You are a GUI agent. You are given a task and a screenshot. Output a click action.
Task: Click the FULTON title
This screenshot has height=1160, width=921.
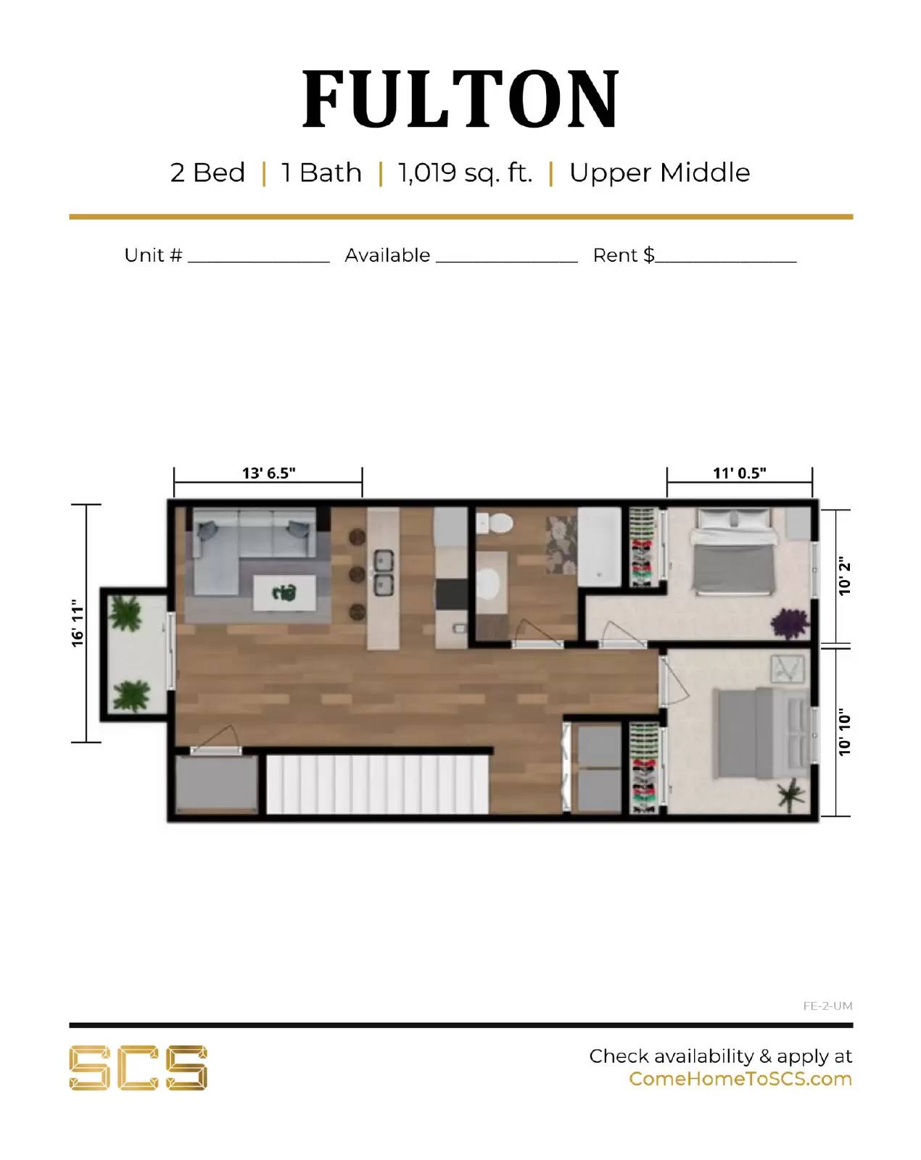click(x=460, y=99)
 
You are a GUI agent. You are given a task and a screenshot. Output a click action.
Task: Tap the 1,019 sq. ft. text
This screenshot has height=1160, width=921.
click(x=465, y=173)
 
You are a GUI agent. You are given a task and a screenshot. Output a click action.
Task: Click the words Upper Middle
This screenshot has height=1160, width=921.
click(x=659, y=173)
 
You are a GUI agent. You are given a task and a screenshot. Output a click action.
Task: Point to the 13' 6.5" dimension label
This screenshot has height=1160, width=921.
click(x=268, y=473)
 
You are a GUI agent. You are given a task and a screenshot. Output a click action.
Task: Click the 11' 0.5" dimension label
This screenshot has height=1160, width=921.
click(x=739, y=473)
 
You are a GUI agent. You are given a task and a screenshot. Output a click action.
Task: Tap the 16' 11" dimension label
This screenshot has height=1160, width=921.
click(x=78, y=623)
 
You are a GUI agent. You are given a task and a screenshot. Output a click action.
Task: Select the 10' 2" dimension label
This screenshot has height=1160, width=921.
click(x=844, y=577)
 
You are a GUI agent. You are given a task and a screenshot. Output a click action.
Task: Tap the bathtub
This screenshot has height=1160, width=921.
click(x=599, y=547)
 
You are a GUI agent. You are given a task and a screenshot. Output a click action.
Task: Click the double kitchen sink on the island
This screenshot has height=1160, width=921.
click(x=383, y=572)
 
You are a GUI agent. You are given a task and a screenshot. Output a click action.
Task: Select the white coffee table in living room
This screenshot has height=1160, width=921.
click(x=284, y=593)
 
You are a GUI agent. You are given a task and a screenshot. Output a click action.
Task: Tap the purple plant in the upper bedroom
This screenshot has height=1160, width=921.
click(x=788, y=623)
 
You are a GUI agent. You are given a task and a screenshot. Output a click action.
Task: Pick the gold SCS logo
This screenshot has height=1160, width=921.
click(x=138, y=1067)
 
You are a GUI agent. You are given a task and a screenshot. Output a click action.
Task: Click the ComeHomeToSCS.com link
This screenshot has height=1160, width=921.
click(x=740, y=1079)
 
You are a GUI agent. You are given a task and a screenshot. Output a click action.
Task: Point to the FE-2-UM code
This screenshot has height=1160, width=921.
click(x=827, y=1006)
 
